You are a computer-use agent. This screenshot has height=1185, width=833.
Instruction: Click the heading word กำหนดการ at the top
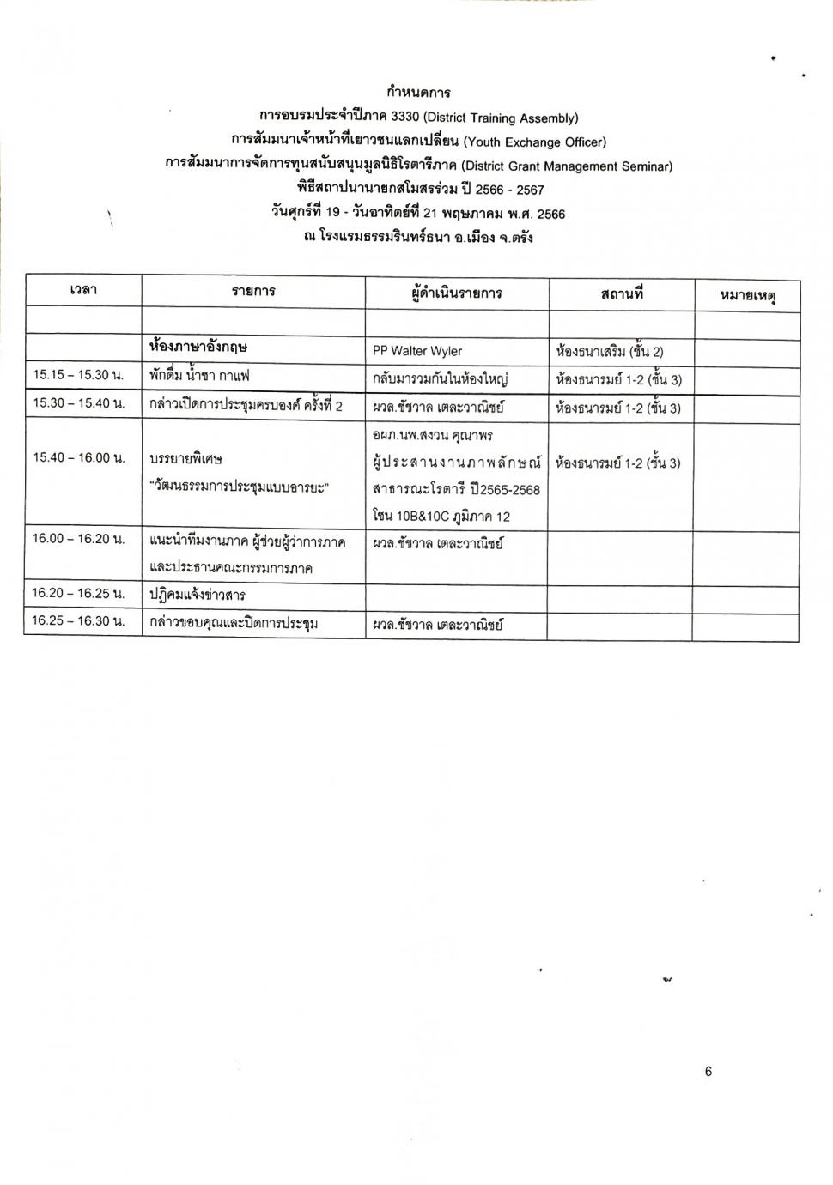tap(418, 92)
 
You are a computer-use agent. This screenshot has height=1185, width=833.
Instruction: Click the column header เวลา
tap(83, 291)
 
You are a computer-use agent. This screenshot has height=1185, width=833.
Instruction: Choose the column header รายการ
tap(253, 292)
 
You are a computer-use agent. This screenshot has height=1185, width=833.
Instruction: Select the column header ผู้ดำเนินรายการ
tap(456, 293)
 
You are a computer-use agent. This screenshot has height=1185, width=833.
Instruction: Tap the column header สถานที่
tap(622, 293)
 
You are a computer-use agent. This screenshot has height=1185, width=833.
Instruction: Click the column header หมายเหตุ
tap(747, 296)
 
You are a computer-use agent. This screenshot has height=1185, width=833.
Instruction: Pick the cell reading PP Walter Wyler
tap(417, 351)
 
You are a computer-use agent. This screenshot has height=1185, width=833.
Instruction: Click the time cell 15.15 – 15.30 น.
tap(78, 375)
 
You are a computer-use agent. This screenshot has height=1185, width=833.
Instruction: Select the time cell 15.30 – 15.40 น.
tap(78, 403)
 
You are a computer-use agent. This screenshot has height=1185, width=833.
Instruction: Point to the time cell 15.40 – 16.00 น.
tap(78, 457)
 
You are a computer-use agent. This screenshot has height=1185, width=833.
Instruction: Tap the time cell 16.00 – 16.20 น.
tap(78, 539)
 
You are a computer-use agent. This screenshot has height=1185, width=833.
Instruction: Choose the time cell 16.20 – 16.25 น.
tap(78, 593)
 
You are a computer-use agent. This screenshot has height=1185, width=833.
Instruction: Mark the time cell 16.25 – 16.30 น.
tap(78, 620)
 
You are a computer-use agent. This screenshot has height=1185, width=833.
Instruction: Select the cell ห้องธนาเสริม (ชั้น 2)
tap(610, 351)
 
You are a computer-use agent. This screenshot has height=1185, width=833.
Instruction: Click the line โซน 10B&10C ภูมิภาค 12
tap(441, 517)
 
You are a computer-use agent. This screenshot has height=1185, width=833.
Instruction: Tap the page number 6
tap(708, 1071)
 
